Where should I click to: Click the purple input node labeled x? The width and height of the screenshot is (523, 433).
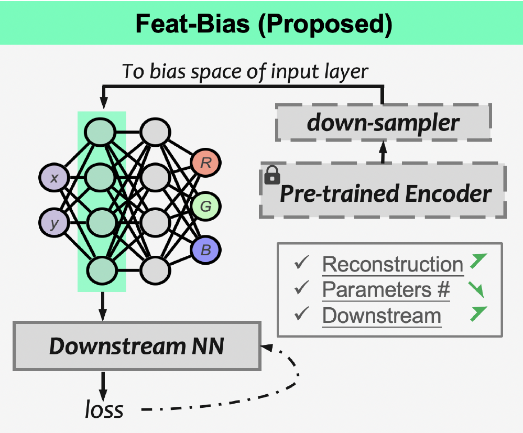(53, 178)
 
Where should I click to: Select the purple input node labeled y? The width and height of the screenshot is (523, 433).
(53, 224)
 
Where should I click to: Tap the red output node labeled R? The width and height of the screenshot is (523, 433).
(206, 163)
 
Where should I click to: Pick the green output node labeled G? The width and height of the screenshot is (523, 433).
(206, 207)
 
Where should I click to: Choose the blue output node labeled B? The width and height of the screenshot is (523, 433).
(206, 250)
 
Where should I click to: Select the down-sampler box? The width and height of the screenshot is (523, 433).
(383, 123)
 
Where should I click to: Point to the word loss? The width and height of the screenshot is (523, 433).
(104, 409)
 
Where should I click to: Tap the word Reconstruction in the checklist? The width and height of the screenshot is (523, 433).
(393, 264)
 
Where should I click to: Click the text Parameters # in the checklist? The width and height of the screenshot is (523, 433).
(386, 290)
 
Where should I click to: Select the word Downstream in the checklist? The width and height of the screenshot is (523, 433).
(382, 316)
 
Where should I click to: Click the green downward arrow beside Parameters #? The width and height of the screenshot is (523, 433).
(476, 289)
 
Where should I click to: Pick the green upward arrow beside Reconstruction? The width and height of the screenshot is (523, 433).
(477, 261)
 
